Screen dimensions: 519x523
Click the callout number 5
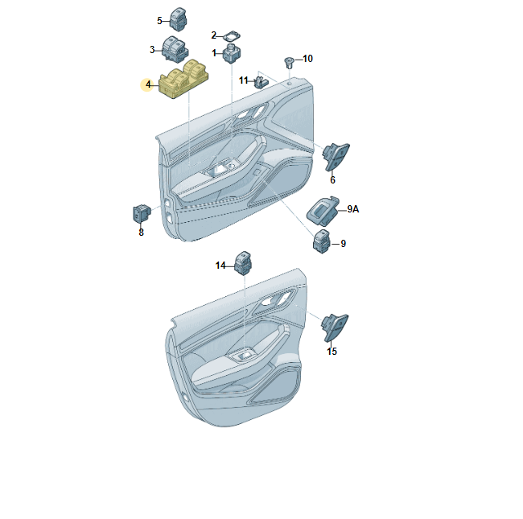tap(159, 20)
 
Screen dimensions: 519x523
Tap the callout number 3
tap(151, 50)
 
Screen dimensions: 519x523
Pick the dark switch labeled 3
tap(175, 49)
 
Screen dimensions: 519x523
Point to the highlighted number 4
tap(147, 84)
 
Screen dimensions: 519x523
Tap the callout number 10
tap(307, 59)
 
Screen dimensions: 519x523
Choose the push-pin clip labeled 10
tap(289, 61)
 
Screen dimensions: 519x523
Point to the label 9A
tap(352, 209)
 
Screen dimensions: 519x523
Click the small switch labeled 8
tap(141, 213)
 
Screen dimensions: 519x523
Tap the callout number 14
tap(220, 266)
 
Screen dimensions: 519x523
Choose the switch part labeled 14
tap(244, 262)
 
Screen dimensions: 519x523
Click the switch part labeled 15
tap(335, 325)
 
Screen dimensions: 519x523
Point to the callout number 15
tap(332, 352)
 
